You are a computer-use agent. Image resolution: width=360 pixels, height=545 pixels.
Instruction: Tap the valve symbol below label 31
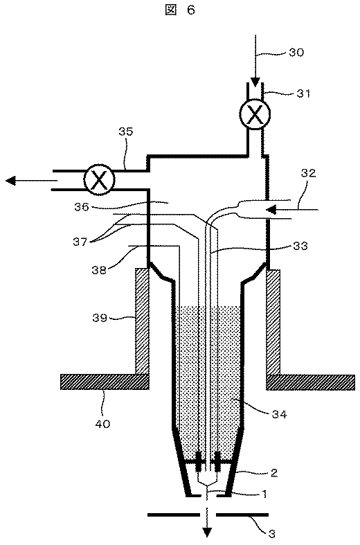click(x=255, y=116)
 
